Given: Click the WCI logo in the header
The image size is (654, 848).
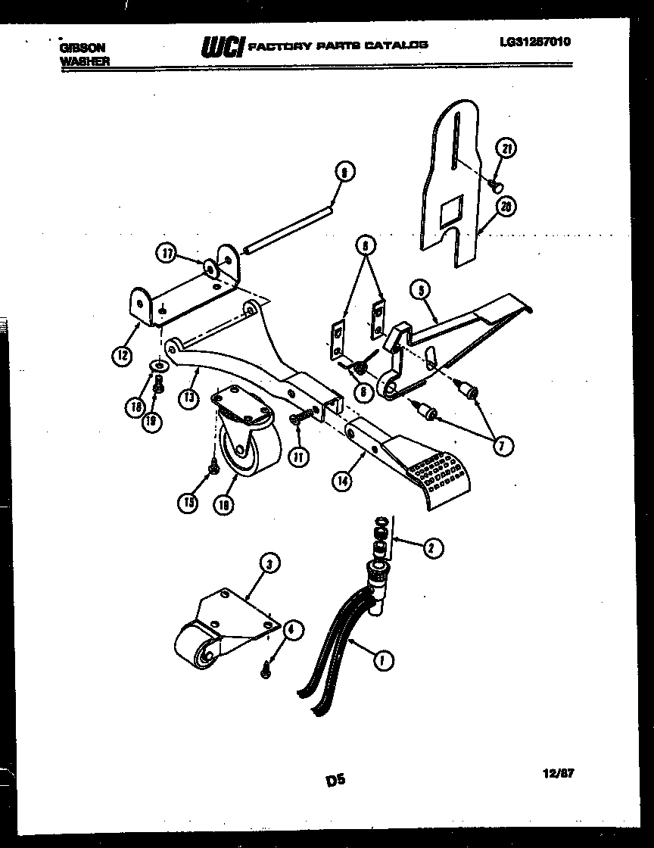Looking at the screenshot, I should [221, 47].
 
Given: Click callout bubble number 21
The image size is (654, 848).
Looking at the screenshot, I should [507, 150].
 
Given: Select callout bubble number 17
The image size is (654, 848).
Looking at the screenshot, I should [167, 254].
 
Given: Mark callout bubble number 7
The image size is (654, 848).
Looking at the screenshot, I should [499, 446].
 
